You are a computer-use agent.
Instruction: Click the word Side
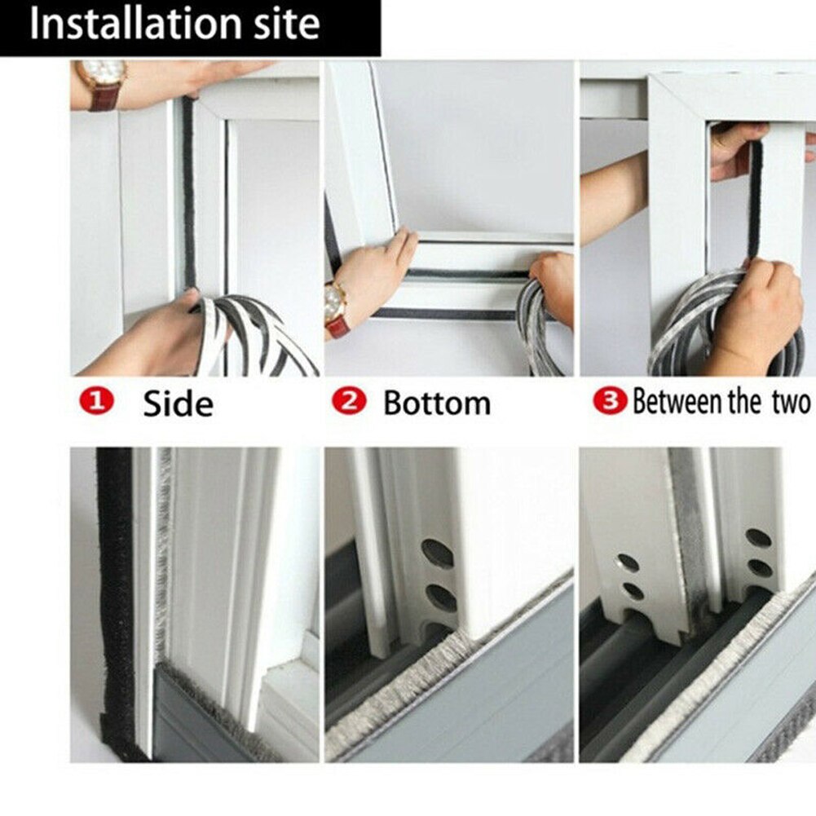tap(178, 403)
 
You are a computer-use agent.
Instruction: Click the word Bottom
tap(437, 403)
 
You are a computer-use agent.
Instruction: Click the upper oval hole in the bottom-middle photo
tap(438, 554)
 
